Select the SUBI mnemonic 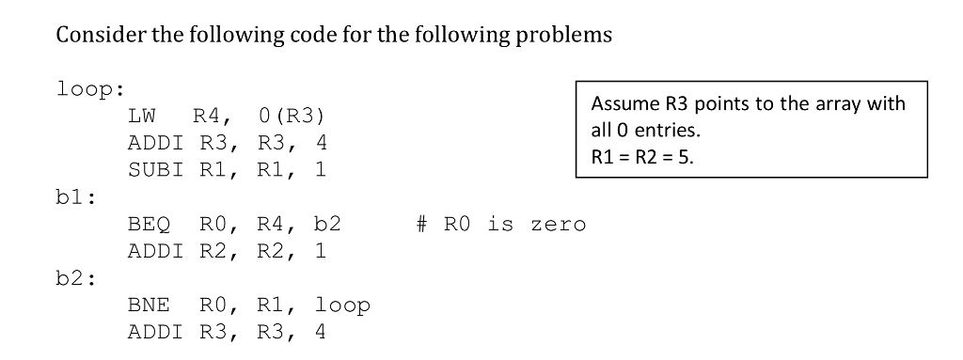tap(156, 172)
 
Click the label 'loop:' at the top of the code tap(90, 91)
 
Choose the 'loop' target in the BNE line tap(342, 305)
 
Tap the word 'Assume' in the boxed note tap(622, 103)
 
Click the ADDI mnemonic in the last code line tap(156, 332)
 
